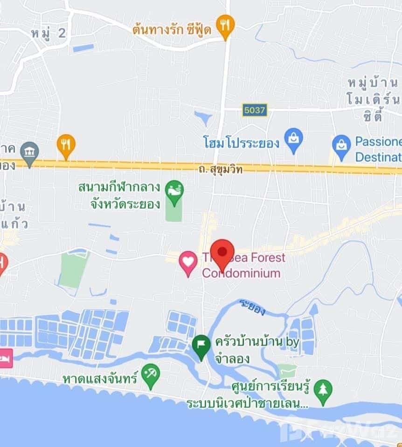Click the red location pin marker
click(x=222, y=252)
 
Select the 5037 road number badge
click(x=255, y=110)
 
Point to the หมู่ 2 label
click(x=49, y=33)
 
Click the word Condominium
click(x=241, y=273)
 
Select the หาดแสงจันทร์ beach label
click(x=100, y=379)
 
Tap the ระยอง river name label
click(x=252, y=307)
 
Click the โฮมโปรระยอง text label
click(x=241, y=142)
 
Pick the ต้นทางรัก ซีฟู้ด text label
click(x=172, y=29)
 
